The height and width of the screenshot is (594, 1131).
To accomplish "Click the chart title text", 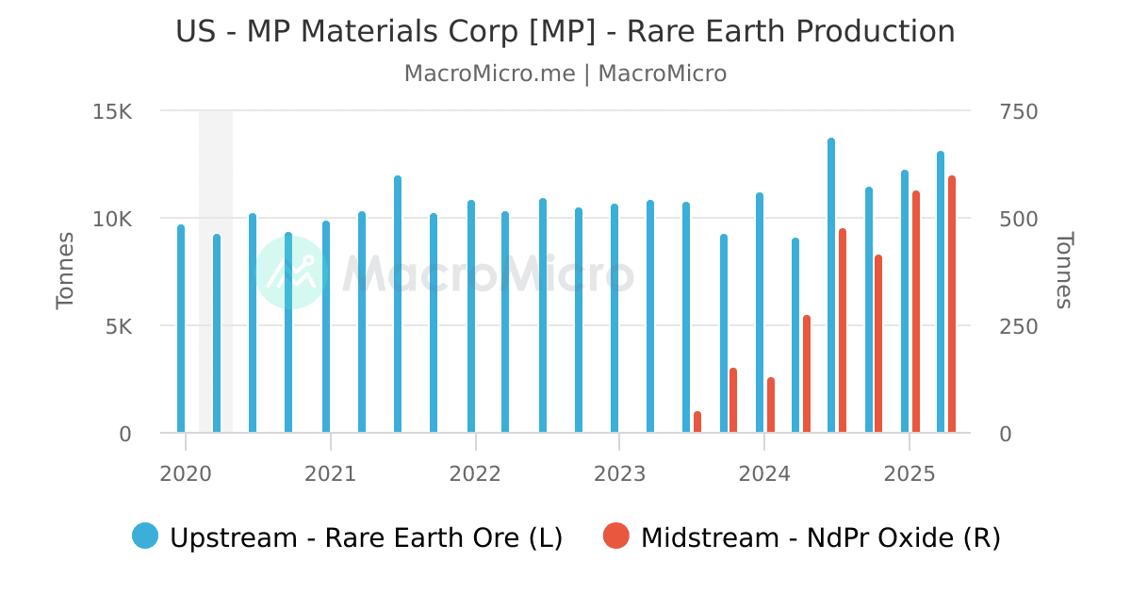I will coord(565,31).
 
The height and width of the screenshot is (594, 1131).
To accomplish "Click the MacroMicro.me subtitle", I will coord(565,74).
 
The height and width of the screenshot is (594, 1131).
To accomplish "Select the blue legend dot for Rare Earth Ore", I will coord(146,536).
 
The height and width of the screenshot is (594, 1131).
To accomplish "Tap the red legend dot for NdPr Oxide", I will coord(616,536).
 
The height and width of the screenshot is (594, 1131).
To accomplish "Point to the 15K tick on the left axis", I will coord(113,111).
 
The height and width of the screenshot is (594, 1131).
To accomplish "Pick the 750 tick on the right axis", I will coord(1017,111).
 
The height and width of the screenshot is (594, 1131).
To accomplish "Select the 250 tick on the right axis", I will coord(1017,326).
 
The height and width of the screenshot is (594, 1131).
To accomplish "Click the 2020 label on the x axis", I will coord(186,472).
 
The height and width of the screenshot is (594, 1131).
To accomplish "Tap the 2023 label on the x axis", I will coord(619,472).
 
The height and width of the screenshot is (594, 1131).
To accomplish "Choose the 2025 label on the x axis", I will coord(909,472).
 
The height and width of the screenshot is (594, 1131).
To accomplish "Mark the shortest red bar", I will coord(697,422).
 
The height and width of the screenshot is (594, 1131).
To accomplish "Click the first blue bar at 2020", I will coord(181,329).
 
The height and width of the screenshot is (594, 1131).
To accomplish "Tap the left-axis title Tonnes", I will coord(65,271).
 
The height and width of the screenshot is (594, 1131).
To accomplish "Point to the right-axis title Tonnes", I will coord(1064,271).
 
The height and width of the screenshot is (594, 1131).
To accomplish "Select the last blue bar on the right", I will coord(941,292).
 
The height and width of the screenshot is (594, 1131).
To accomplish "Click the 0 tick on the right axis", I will coord(1006,434).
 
